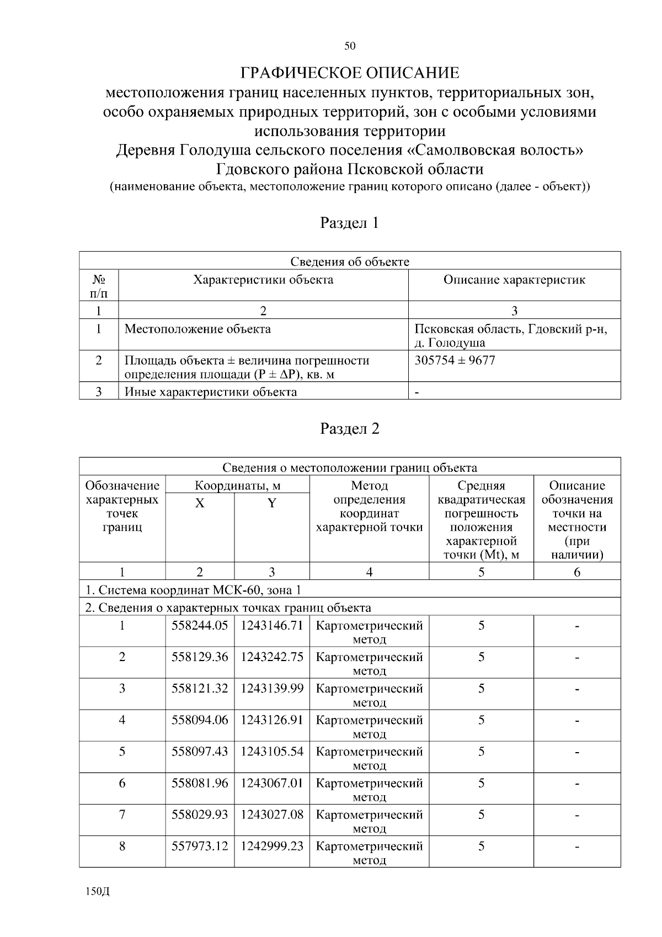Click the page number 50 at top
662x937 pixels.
click(x=350, y=46)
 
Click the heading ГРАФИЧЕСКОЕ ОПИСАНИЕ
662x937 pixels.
click(x=350, y=73)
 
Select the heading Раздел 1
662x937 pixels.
click(x=350, y=223)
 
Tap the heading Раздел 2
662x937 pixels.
click(x=350, y=429)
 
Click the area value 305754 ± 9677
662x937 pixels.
click(x=455, y=360)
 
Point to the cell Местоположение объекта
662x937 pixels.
click(x=197, y=329)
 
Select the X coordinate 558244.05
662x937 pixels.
click(x=200, y=625)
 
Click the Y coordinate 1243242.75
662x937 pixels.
click(x=272, y=657)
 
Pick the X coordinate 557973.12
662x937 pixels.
click(x=200, y=846)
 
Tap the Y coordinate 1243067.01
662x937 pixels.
click(x=272, y=783)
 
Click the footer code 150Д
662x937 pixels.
click(x=98, y=892)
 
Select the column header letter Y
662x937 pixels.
click(x=272, y=503)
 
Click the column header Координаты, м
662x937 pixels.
click(x=238, y=486)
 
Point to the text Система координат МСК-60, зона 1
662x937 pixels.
click(x=193, y=590)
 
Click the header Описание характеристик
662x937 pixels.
click(x=514, y=280)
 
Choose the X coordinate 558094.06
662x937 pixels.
click(x=200, y=720)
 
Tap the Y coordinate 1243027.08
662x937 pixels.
click(x=272, y=814)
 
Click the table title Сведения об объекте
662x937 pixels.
click(x=350, y=262)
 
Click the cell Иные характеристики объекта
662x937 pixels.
click(x=211, y=392)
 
